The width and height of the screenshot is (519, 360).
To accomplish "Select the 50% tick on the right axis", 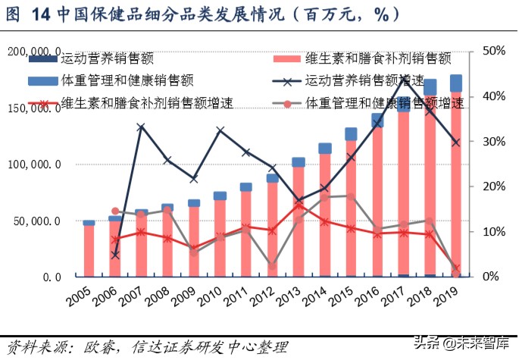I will pos(491,52).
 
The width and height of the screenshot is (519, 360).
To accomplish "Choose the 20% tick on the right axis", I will pos(491,186).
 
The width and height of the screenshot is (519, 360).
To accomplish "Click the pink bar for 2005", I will pos(89,251).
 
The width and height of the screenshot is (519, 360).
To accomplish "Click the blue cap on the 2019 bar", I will pos(456,83).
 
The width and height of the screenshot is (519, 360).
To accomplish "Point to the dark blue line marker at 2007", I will pos(141,127).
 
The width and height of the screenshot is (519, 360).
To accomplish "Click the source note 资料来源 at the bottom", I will pos(144,346).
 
